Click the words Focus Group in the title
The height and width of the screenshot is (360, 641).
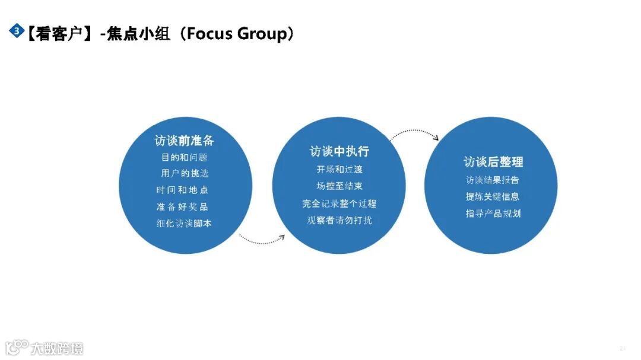click(x=236, y=33)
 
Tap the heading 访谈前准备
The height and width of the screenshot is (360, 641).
click(x=184, y=141)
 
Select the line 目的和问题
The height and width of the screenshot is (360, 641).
click(x=184, y=158)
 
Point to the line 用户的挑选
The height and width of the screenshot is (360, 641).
click(x=185, y=174)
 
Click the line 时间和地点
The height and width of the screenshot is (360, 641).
click(x=182, y=190)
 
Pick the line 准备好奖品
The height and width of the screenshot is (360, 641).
click(x=182, y=207)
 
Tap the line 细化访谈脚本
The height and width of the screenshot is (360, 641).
click(x=183, y=224)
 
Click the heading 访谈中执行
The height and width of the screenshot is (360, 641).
click(x=339, y=152)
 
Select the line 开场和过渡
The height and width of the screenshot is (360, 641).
click(x=339, y=170)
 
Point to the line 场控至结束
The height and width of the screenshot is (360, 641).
click(x=339, y=186)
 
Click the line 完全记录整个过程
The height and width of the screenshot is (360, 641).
click(x=339, y=203)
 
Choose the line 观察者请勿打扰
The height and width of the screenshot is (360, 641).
click(x=339, y=220)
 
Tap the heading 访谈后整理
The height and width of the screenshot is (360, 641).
click(x=493, y=162)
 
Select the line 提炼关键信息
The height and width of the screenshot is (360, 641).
click(x=493, y=197)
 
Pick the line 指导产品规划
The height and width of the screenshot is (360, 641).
click(x=493, y=214)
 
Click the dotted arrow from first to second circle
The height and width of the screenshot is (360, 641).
click(x=262, y=240)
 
